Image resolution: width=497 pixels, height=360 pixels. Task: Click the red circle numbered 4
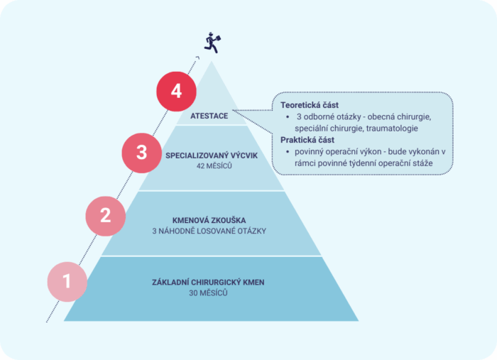click(176, 92)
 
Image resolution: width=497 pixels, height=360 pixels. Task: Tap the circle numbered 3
click(142, 153)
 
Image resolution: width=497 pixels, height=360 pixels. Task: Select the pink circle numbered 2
click(106, 216)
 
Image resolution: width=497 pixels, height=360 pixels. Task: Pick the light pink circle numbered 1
click(67, 282)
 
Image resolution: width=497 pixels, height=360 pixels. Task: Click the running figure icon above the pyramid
click(212, 43)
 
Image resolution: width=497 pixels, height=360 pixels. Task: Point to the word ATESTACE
click(209, 116)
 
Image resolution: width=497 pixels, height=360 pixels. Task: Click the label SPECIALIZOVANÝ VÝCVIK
click(212, 156)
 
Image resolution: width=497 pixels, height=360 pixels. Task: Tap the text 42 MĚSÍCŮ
click(214, 165)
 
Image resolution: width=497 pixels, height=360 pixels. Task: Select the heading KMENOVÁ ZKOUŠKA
click(209, 220)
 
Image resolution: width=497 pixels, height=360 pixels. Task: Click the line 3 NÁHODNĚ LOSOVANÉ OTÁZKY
click(209, 231)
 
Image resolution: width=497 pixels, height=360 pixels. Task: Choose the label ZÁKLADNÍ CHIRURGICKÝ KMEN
click(208, 283)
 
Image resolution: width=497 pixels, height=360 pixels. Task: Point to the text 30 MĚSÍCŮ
click(208, 293)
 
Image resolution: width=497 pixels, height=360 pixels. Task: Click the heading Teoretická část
click(310, 105)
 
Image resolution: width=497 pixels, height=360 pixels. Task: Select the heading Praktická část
click(307, 140)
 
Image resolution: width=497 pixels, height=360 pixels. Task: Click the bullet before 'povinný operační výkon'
click(288, 152)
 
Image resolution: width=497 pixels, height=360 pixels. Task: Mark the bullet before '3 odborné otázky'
click(288, 117)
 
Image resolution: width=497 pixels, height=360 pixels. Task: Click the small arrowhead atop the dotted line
click(198, 58)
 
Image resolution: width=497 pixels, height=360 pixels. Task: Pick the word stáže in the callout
click(423, 163)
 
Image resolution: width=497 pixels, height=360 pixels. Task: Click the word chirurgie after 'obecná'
click(414, 117)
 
